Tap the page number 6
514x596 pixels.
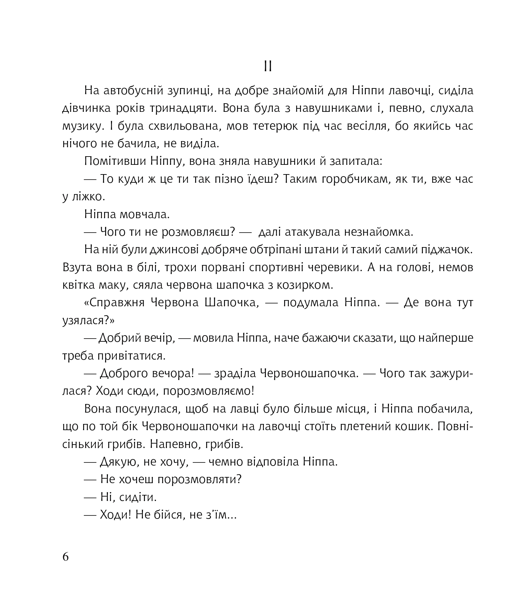pyautogui.click(x=66, y=556)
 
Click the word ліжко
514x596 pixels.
pyautogui.click(x=87, y=197)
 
